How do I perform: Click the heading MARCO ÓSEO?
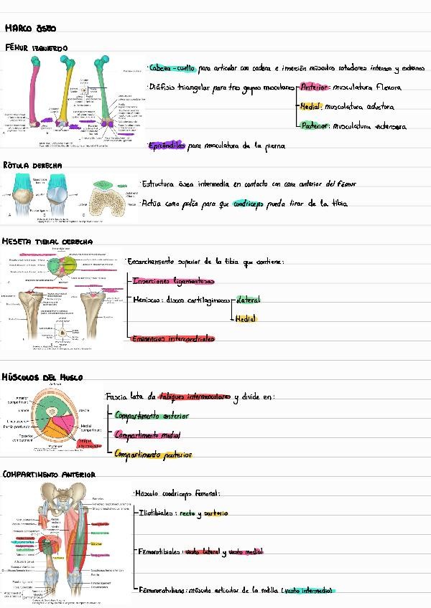click(30, 29)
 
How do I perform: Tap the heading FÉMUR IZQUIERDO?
click(36, 48)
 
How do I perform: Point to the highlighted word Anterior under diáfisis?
click(313, 87)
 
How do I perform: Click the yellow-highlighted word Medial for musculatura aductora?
click(310, 107)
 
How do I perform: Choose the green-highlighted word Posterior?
click(315, 126)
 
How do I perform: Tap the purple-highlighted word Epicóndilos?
click(166, 146)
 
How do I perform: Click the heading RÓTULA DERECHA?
click(32, 166)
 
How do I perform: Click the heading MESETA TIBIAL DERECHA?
click(47, 242)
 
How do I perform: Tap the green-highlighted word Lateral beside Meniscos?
click(248, 300)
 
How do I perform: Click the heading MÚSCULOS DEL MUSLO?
click(42, 377)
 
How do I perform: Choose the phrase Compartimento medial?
click(147, 434)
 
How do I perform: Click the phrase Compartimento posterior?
click(153, 454)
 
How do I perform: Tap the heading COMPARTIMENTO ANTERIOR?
click(49, 475)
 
